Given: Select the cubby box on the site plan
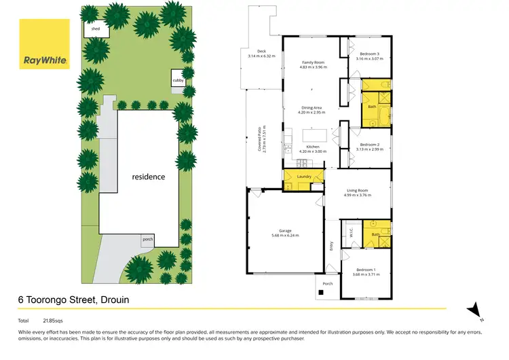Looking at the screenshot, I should pyautogui.click(x=178, y=79).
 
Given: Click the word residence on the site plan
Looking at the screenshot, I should pyautogui.click(x=148, y=177).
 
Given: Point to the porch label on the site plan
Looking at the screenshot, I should pyautogui.click(x=147, y=239).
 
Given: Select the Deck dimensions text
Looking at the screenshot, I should pyautogui.click(x=262, y=56).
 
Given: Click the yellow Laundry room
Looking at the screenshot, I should pyautogui.click(x=303, y=180).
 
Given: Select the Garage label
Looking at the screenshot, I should pyautogui.click(x=285, y=232).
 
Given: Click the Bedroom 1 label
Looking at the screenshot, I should pyautogui.click(x=366, y=272).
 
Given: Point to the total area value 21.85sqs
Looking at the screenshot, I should pyautogui.click(x=52, y=320).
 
